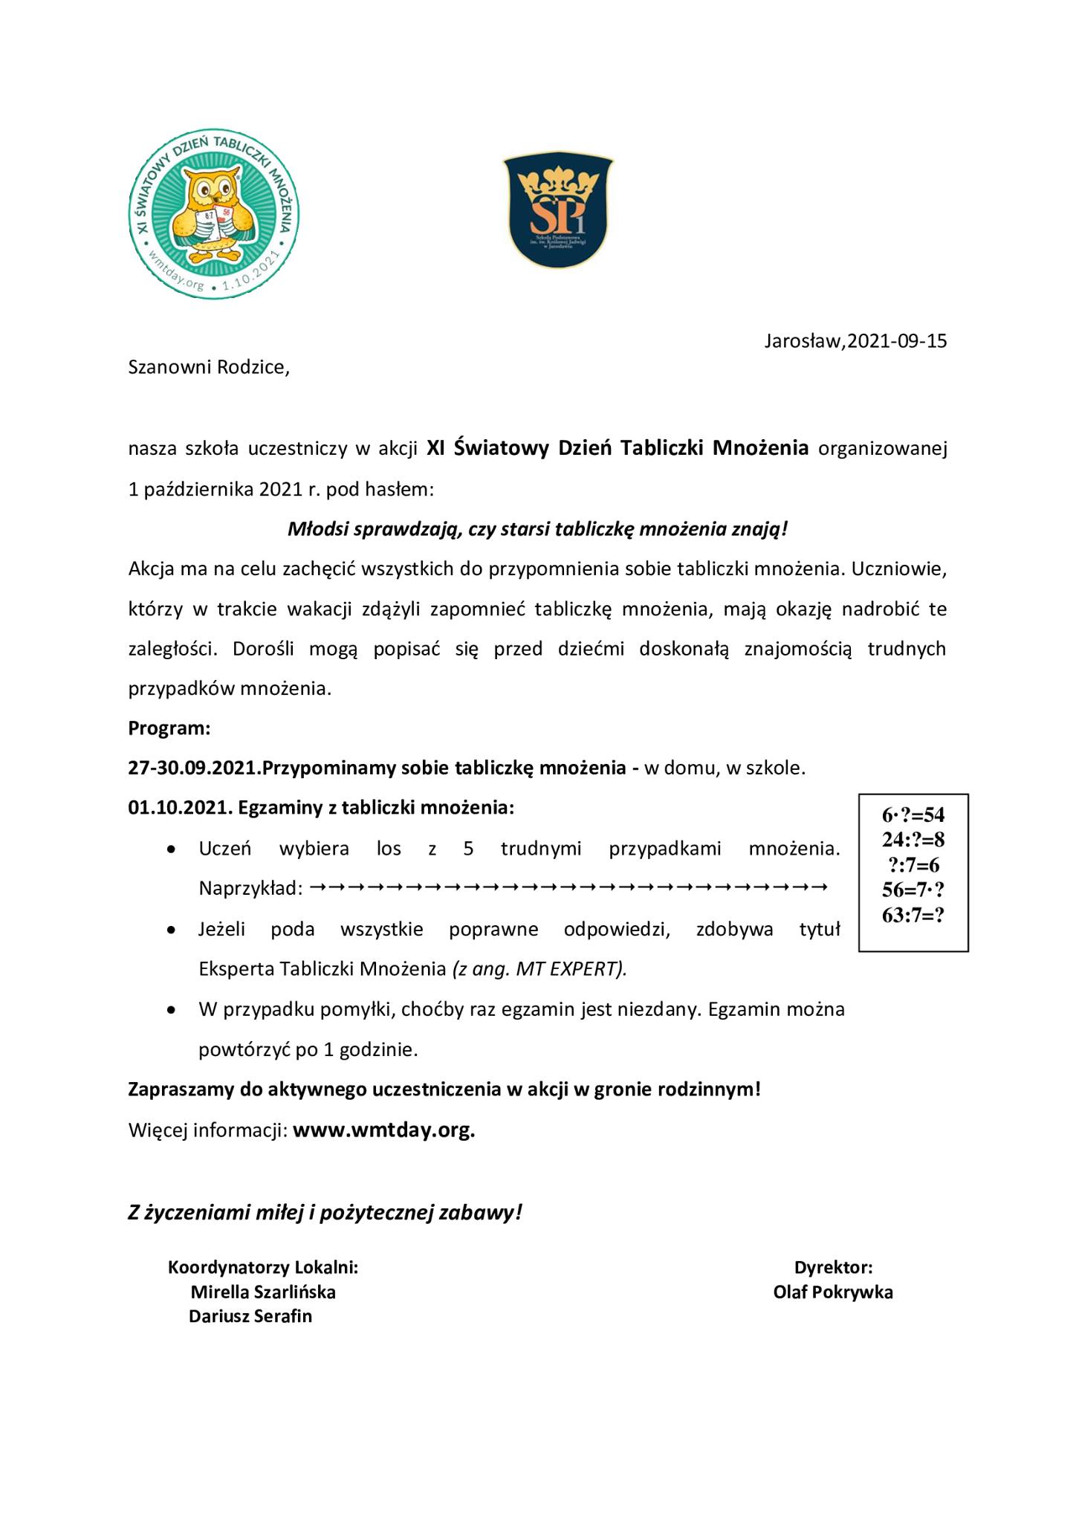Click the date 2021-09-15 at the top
tap(897, 341)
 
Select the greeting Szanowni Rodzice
tap(209, 367)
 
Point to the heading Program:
tap(169, 728)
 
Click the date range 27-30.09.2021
tap(193, 768)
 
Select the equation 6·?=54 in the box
tap(913, 815)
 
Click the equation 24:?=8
tap(913, 840)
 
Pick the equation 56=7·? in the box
tap(913, 890)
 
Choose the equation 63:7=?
tap(913, 915)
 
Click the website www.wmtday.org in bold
tap(384, 1130)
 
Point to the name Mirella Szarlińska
tap(263, 1292)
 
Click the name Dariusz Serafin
tap(250, 1316)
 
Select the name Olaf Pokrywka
tap(833, 1292)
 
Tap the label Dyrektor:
tap(833, 1267)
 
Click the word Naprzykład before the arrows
tap(250, 889)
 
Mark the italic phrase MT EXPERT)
tap(571, 969)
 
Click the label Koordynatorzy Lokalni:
tap(263, 1267)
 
